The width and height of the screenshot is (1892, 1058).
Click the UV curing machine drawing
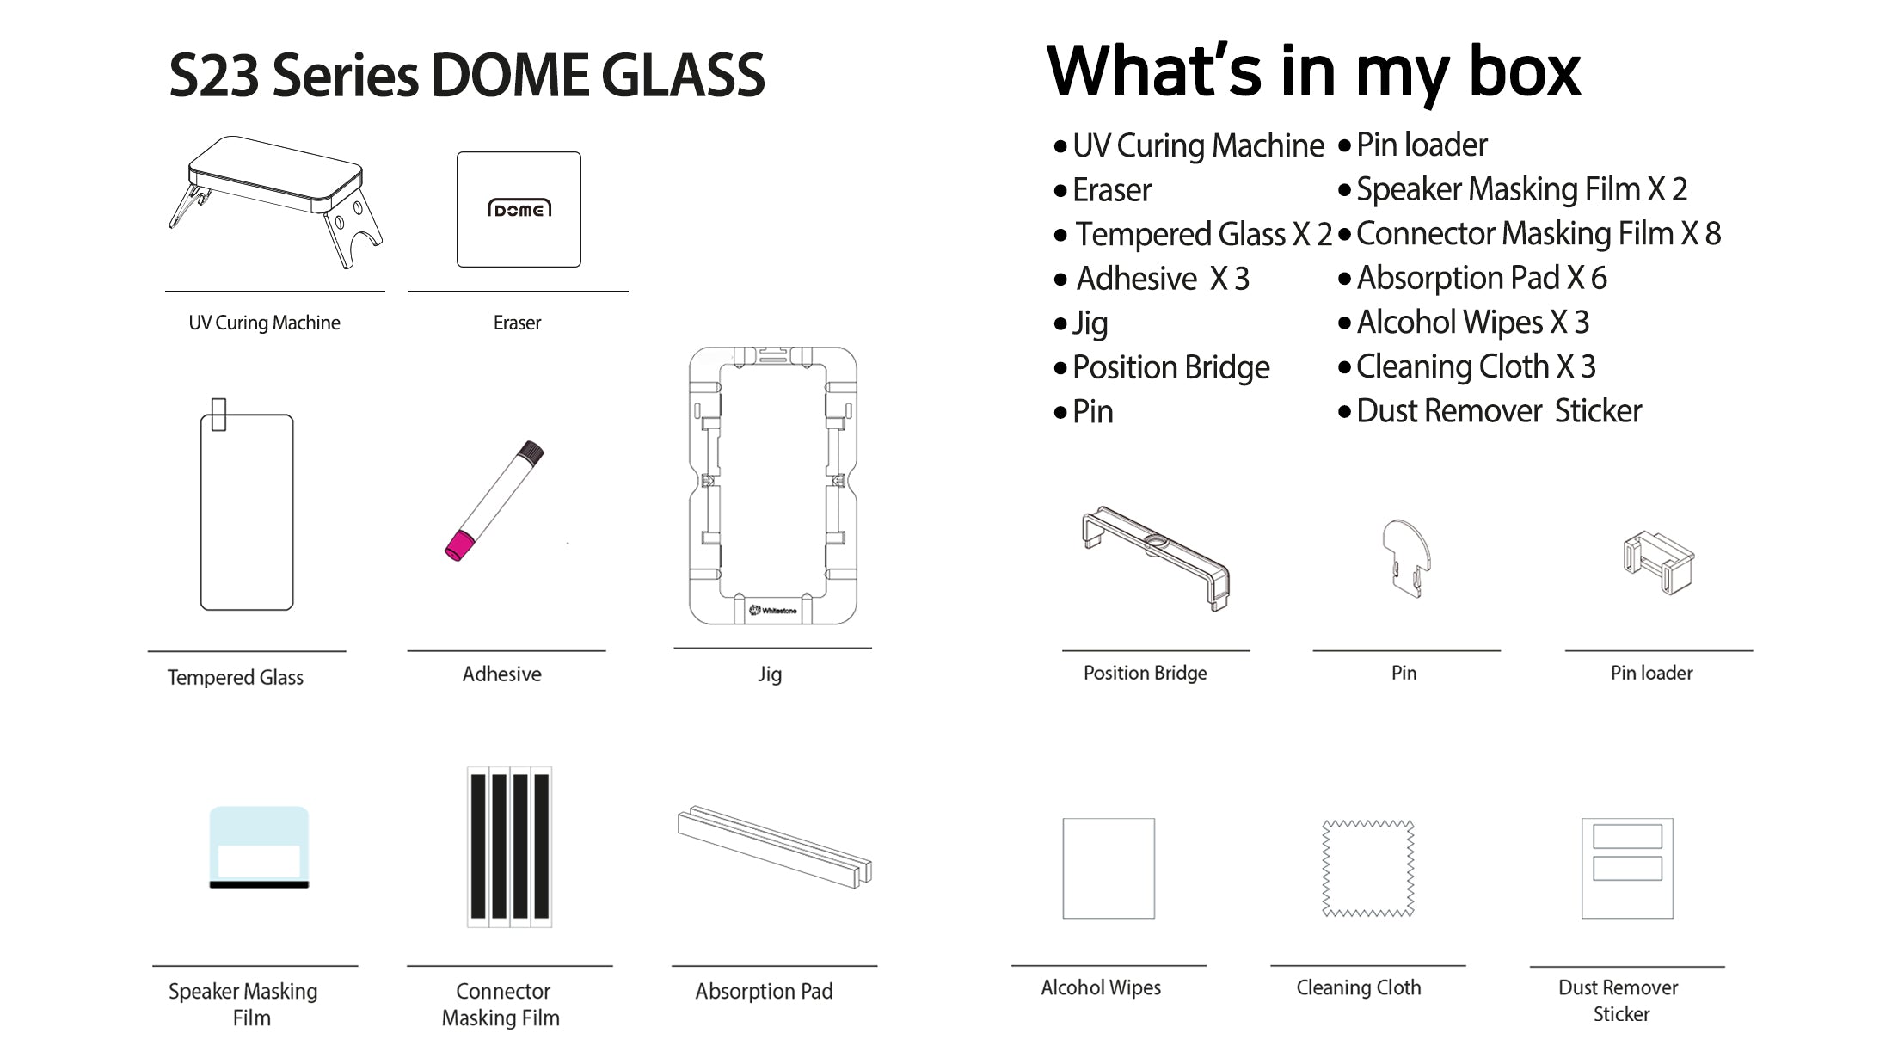275,198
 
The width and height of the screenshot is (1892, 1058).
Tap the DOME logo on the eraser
519,209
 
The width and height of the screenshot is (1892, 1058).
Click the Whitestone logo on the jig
773,610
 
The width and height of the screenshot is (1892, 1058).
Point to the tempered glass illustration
247,512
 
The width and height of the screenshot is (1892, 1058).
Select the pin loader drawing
1658,563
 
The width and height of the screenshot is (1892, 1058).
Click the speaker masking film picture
259,847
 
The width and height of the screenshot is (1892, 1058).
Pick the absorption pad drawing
774,847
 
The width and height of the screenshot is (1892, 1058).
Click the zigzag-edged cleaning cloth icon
1367,868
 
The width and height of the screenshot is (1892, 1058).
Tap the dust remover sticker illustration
1627,868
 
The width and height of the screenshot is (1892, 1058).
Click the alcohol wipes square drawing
1109,868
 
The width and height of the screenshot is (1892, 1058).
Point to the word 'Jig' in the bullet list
1090,323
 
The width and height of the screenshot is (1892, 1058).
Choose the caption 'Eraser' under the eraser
517,323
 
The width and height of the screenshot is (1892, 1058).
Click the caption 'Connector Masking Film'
501,1004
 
